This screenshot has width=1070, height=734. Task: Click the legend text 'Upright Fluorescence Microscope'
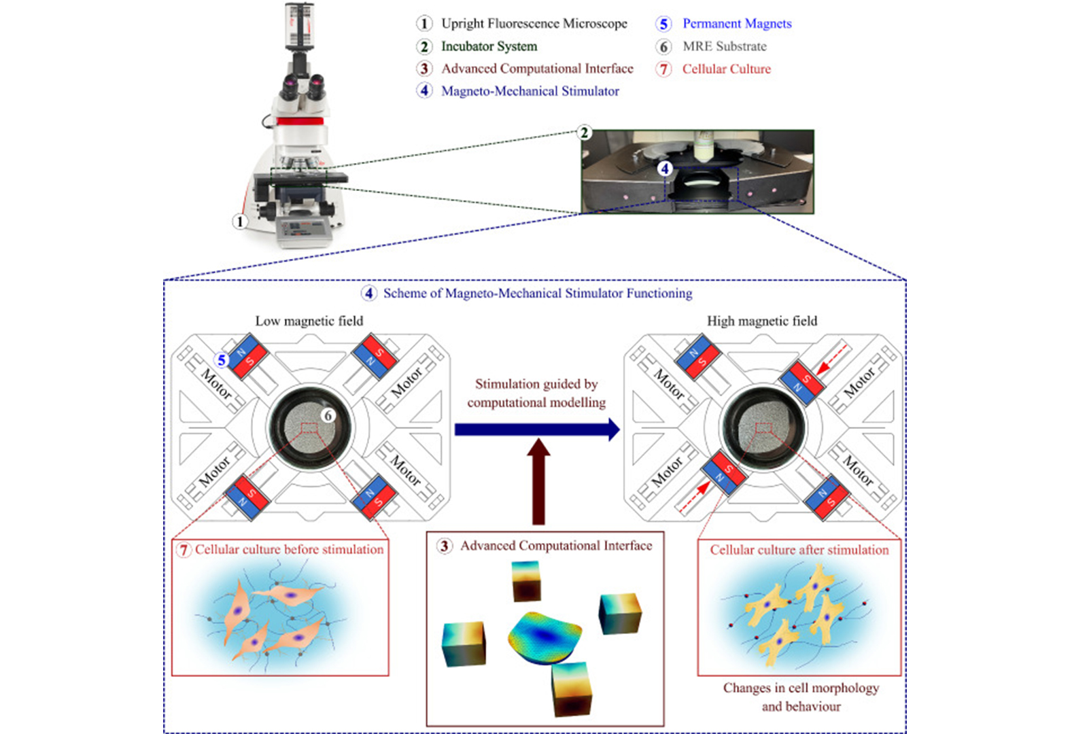[534, 23]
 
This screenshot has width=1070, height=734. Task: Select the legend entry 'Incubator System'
[489, 46]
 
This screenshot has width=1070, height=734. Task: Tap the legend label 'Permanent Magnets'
[737, 23]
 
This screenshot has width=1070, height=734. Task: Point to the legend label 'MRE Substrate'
[725, 46]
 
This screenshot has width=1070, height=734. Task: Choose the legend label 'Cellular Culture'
[727, 69]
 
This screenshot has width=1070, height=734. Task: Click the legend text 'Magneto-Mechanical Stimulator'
[530, 91]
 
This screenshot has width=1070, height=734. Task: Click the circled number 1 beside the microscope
[240, 222]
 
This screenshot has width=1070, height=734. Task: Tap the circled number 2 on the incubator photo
[584, 133]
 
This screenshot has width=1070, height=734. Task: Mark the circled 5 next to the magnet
[221, 360]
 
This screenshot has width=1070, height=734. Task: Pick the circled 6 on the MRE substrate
[328, 416]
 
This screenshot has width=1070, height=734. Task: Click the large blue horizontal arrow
[537, 430]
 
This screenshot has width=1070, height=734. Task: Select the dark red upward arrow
[538, 481]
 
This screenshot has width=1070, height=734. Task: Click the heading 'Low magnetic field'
[309, 321]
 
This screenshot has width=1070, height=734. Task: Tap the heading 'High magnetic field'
[762, 321]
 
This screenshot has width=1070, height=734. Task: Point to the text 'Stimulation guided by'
[536, 385]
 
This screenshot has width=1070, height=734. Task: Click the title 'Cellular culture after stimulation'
[799, 550]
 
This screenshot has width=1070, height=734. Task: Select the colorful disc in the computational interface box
[545, 638]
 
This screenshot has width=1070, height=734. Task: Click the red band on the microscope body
[300, 121]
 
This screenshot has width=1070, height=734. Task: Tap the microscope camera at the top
[300, 27]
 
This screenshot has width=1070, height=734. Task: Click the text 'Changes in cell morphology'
[801, 688]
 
